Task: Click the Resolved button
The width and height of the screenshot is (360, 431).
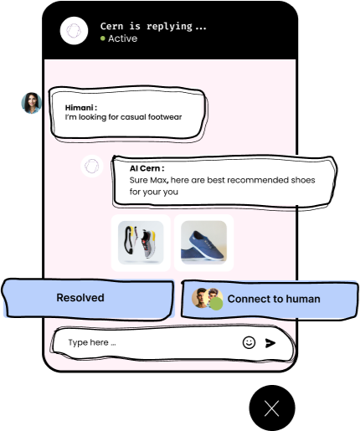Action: coord(88,299)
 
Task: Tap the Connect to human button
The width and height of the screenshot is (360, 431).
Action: coord(270,300)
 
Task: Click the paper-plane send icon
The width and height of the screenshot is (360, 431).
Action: coord(270,343)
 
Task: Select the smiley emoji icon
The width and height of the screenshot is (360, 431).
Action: coord(249,342)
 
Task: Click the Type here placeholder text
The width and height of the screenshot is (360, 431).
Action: coord(92,342)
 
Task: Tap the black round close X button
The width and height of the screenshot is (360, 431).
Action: coord(272,408)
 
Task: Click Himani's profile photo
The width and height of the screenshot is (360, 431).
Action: coord(32,103)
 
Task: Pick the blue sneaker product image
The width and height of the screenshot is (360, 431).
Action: coord(203,243)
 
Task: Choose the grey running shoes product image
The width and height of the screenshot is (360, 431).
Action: coord(141,243)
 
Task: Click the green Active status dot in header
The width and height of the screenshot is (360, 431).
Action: coord(103,38)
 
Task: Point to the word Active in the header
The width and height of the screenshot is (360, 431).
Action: coord(122,38)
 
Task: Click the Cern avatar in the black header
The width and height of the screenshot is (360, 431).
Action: coord(74,31)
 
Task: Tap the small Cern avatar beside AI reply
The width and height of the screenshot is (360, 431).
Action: coord(92,167)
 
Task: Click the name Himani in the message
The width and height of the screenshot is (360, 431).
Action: coord(80,108)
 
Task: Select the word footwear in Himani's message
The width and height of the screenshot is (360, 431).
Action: coord(165,117)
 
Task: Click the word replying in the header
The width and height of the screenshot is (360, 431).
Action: coord(169,26)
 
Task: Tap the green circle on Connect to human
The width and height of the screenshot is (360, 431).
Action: coord(216,304)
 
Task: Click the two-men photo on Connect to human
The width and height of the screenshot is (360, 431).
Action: coord(207,299)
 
